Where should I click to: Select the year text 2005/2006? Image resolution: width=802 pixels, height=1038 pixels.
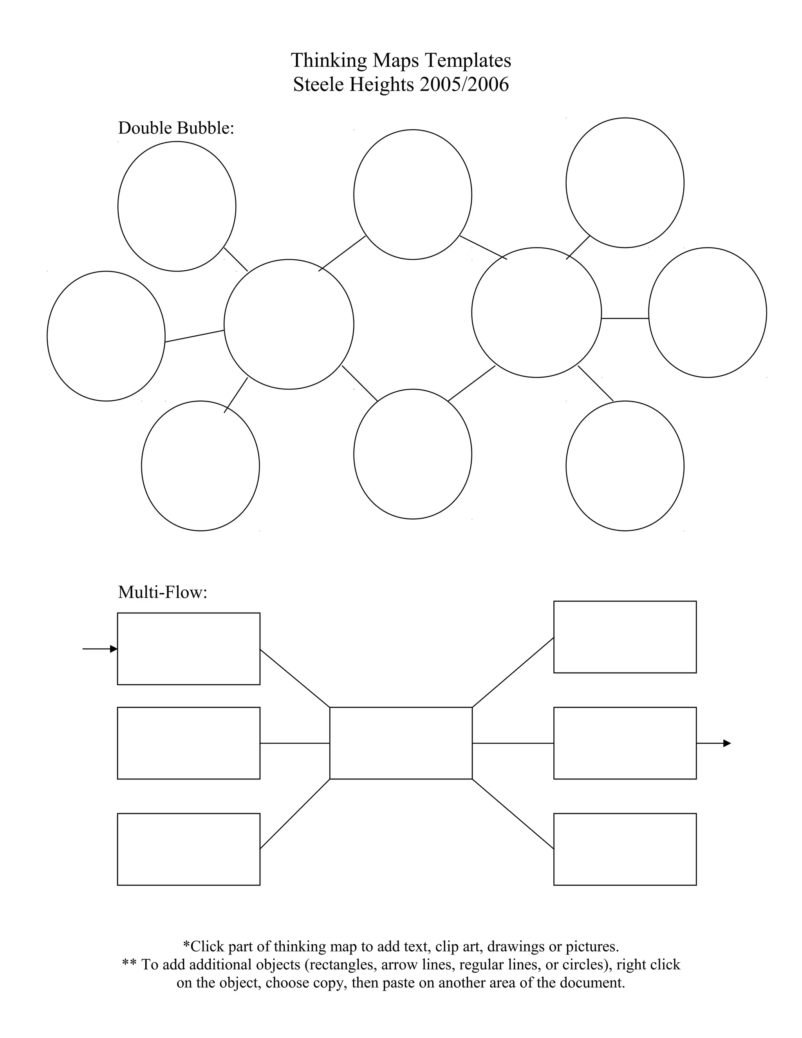(464, 85)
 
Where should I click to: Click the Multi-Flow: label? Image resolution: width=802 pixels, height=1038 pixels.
(163, 592)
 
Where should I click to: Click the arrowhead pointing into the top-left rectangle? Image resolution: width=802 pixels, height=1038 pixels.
(114, 649)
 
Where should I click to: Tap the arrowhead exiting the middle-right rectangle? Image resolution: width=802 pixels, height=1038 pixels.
(727, 743)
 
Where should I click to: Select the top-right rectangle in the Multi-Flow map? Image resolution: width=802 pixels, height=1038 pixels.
(625, 637)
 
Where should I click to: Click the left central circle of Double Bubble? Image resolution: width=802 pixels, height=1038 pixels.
(289, 324)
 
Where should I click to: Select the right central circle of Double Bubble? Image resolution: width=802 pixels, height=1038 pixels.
(536, 312)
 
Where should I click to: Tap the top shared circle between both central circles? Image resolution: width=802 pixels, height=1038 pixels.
(412, 194)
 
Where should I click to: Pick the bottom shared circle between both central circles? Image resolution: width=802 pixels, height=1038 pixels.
(412, 454)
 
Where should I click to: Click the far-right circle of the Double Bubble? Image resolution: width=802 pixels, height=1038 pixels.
(707, 312)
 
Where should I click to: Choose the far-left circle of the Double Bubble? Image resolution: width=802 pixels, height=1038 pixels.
(106, 336)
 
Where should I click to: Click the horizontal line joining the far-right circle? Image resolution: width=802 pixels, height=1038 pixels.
(625, 318)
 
